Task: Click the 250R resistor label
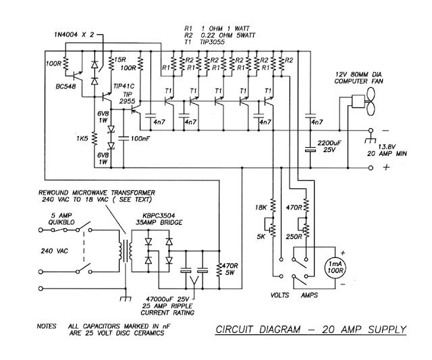(x=295, y=237)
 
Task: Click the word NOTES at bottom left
(x=49, y=326)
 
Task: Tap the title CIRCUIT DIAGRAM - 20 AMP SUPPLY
(x=311, y=330)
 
